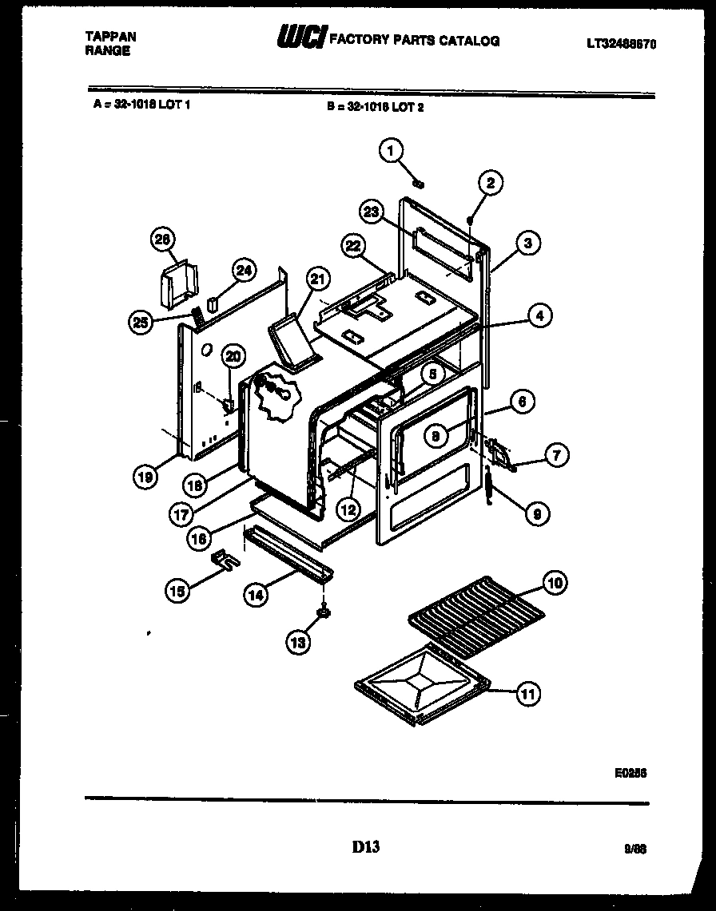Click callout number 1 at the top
[x=391, y=150]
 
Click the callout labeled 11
[x=527, y=693]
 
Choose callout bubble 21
[x=318, y=279]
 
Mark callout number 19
[x=145, y=477]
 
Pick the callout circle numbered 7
[x=556, y=456]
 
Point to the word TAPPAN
[x=110, y=37]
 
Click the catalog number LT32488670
[x=620, y=46]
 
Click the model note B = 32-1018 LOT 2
[x=375, y=106]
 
